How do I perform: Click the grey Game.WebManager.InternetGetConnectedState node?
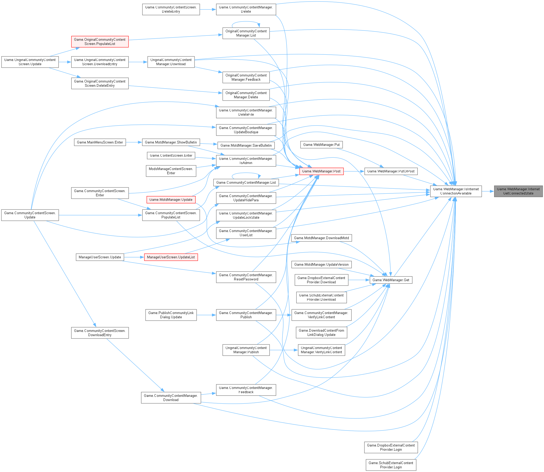coord(518,191)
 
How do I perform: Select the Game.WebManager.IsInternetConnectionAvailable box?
coord(456,191)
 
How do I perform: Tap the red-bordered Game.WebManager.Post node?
coord(321,171)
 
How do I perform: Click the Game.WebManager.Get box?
coord(391,280)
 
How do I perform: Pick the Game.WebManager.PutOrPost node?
coord(391,171)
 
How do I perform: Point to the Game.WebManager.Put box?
coord(321,145)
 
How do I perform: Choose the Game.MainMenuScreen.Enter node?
coord(100,142)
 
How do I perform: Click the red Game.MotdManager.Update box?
coord(171,200)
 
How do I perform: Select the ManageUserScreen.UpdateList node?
coord(171,257)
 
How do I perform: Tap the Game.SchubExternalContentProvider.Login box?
coord(391,465)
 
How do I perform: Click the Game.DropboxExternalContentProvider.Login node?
coord(391,447)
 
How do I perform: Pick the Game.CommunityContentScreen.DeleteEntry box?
coord(171,9)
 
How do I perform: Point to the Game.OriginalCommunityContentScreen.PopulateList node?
coord(100,42)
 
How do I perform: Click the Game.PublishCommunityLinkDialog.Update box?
coord(171,315)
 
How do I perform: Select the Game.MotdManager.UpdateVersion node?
coord(321,264)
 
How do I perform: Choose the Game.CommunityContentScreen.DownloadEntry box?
coord(100,333)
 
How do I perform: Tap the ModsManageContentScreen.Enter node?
coord(171,171)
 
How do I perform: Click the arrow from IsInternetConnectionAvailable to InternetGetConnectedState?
coord(488,191)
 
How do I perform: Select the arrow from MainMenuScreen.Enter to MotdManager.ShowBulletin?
coord(134,142)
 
